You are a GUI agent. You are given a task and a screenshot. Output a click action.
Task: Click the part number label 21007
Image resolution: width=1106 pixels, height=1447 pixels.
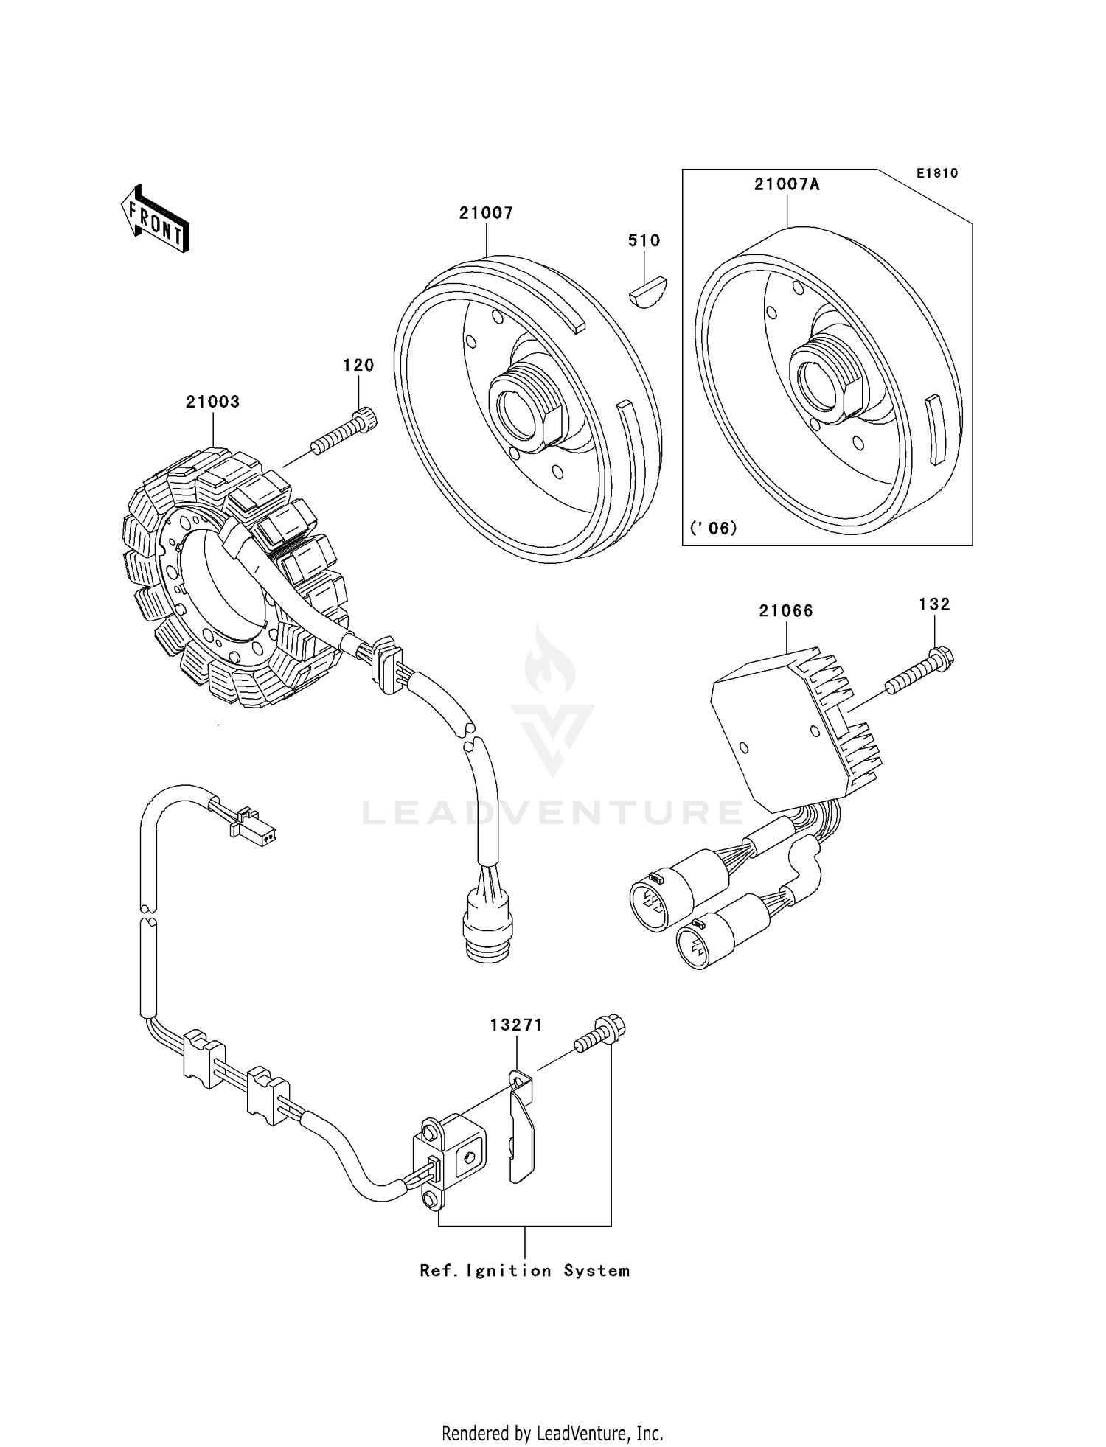pyautogui.click(x=486, y=213)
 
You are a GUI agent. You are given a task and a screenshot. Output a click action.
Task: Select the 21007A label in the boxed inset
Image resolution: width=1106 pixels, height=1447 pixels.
pyautogui.click(x=787, y=184)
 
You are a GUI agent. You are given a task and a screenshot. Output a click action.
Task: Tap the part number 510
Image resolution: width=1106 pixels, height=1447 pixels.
pyautogui.click(x=644, y=240)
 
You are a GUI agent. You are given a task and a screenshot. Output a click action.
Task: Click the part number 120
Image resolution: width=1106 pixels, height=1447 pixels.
pyautogui.click(x=358, y=365)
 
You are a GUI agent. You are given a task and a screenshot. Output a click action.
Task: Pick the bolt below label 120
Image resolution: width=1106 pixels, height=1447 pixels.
pyautogui.click(x=344, y=431)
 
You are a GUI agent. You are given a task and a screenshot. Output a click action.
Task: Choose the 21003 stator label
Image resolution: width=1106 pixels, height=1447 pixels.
pyautogui.click(x=212, y=402)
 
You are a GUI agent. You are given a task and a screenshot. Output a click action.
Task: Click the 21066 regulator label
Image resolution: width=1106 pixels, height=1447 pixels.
pyautogui.click(x=786, y=610)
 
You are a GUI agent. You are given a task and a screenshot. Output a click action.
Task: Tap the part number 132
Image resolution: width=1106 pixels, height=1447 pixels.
pyautogui.click(x=934, y=604)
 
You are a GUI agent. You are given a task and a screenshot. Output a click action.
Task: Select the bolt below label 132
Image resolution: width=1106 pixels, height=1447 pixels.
pyautogui.click(x=919, y=670)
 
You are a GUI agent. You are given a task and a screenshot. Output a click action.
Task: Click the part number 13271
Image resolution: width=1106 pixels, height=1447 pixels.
pyautogui.click(x=516, y=1025)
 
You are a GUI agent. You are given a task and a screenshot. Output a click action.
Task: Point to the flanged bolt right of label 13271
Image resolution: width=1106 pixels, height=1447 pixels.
pyautogui.click(x=599, y=1033)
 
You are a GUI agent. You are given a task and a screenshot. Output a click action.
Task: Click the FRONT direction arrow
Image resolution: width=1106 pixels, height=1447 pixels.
pyautogui.click(x=155, y=220)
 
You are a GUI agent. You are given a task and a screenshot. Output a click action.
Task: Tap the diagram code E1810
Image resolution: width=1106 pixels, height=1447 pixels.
pyautogui.click(x=937, y=173)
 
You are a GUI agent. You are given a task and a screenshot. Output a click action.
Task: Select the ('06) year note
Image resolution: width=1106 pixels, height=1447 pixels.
pyautogui.click(x=713, y=528)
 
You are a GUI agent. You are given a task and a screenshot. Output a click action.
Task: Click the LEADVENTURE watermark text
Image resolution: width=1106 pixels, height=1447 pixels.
pyautogui.click(x=553, y=812)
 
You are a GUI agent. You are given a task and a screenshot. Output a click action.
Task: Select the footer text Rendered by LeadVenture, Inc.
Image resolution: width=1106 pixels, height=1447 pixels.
pyautogui.click(x=552, y=1433)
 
